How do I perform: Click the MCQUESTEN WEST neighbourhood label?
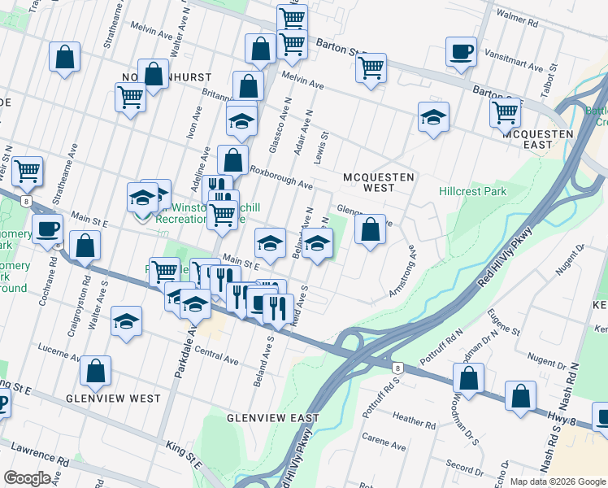(x=379, y=181)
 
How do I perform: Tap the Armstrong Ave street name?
(x=404, y=277)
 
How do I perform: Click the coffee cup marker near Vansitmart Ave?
(x=461, y=53)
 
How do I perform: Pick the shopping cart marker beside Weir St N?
(x=28, y=172)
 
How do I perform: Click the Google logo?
(x=28, y=477)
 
